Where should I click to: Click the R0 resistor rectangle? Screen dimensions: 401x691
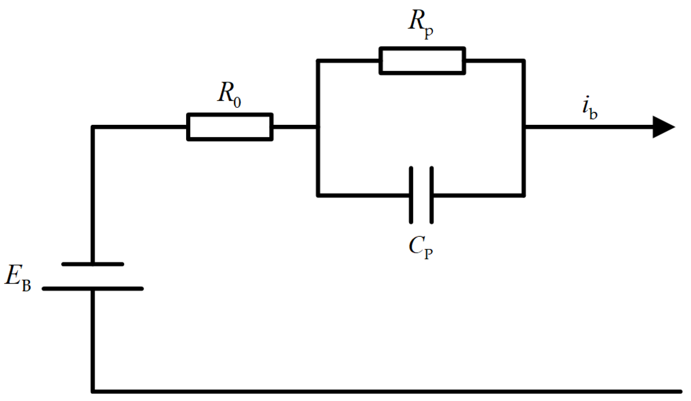[x=230, y=127]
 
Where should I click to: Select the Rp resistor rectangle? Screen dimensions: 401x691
[x=422, y=61]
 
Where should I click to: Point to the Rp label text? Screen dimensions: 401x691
[x=420, y=23]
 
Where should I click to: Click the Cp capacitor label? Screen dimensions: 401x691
[x=420, y=248]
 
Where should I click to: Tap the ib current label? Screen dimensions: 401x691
[x=589, y=109]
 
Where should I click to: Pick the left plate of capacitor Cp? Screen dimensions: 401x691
[x=411, y=195]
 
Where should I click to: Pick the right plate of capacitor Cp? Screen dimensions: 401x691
[x=432, y=195]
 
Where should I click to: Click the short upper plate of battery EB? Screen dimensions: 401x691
[x=92, y=264]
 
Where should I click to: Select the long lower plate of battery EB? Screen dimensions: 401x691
[x=92, y=288]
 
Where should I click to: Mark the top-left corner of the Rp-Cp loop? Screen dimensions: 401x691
[x=318, y=61]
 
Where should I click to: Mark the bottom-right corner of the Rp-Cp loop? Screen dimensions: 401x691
[x=524, y=195]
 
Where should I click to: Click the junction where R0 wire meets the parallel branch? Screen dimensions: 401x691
[x=318, y=127]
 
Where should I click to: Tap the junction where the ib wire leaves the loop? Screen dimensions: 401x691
[x=524, y=127]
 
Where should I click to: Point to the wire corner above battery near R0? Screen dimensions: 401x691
[x=93, y=127]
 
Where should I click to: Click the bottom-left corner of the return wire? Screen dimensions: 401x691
[x=93, y=391]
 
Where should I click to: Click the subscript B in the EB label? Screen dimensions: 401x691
[x=26, y=286]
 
